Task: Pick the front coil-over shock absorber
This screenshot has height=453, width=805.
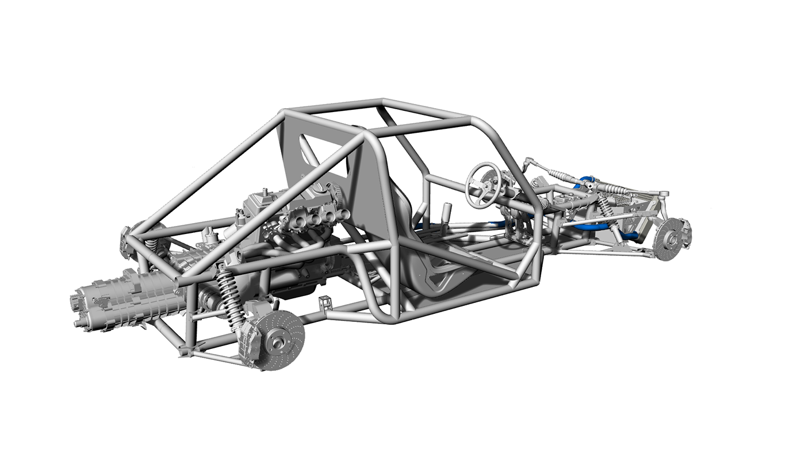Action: (x=607, y=211)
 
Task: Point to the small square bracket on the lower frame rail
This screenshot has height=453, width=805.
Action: (x=326, y=303)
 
